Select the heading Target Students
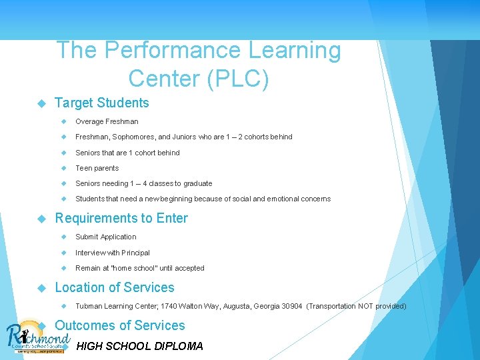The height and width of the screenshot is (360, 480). (101, 103)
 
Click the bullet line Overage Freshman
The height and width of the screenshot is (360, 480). (107, 121)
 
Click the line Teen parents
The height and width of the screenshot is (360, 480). (97, 168)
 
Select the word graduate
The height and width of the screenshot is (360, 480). (197, 183)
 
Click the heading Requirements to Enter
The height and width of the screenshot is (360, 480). (121, 218)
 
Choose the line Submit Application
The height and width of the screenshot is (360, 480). (105, 237)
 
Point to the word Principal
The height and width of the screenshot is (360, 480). (135, 253)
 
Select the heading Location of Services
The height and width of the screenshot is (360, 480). (115, 287)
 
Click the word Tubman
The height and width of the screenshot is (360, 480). (88, 306)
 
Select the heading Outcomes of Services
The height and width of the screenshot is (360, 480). (120, 325)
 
